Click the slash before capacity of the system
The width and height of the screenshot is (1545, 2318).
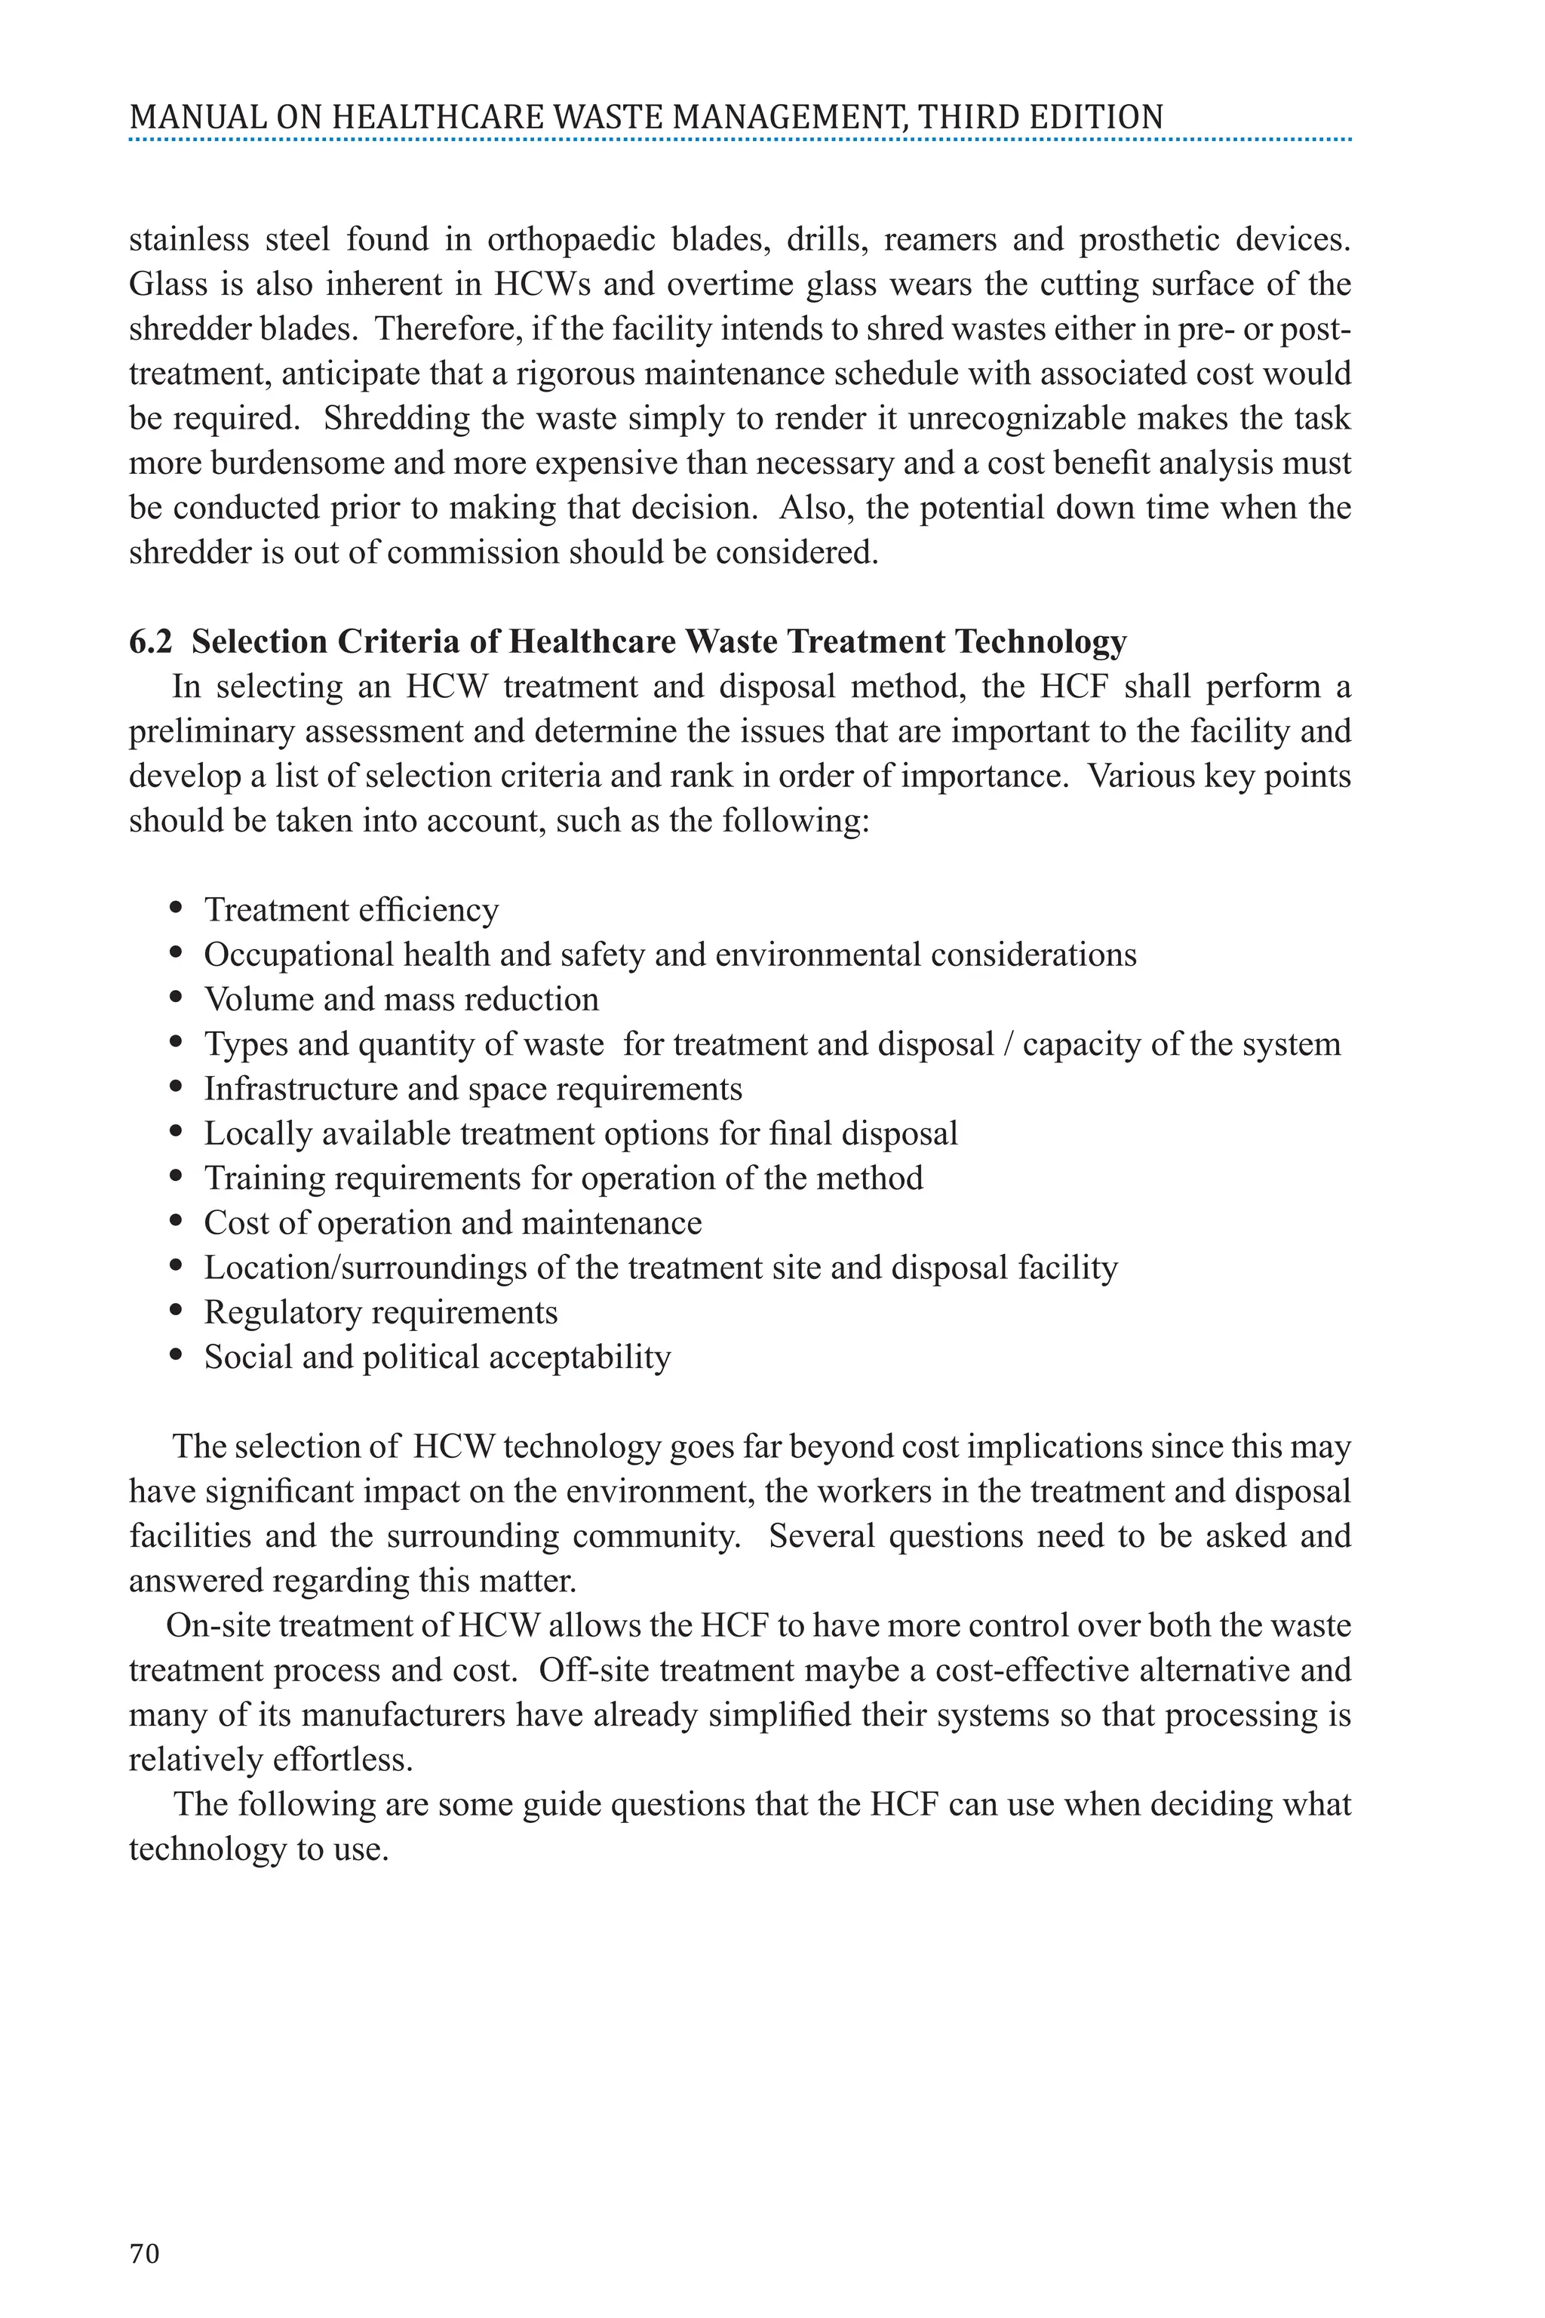click(x=1008, y=1044)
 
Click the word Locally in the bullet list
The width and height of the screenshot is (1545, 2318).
click(x=258, y=1133)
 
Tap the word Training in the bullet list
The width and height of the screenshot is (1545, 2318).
click(x=264, y=1178)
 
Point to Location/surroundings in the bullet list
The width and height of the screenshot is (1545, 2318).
click(x=364, y=1268)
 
